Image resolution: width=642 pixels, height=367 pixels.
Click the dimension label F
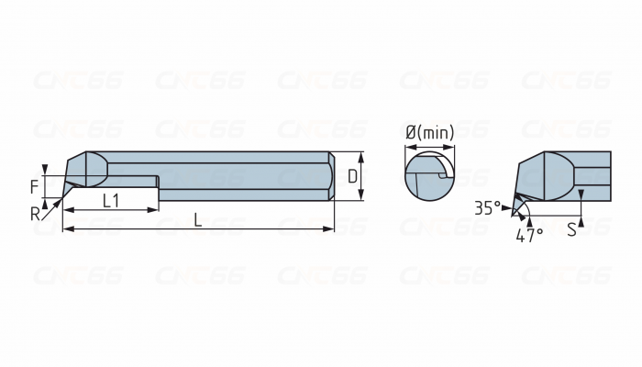[x=34, y=186]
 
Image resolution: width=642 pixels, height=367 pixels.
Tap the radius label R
[x=35, y=214]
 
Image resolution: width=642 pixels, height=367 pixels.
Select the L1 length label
[x=110, y=200]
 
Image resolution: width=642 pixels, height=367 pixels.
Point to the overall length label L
[x=197, y=218]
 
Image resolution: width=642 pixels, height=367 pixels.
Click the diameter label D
[x=352, y=174]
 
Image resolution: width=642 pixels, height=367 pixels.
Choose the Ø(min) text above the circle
[x=429, y=132]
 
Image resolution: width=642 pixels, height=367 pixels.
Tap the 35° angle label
[x=488, y=206]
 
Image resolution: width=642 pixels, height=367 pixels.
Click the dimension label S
[x=570, y=229]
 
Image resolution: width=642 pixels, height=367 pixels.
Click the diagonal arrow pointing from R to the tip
[x=51, y=206]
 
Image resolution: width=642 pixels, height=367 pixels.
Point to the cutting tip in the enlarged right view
[x=515, y=195]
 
